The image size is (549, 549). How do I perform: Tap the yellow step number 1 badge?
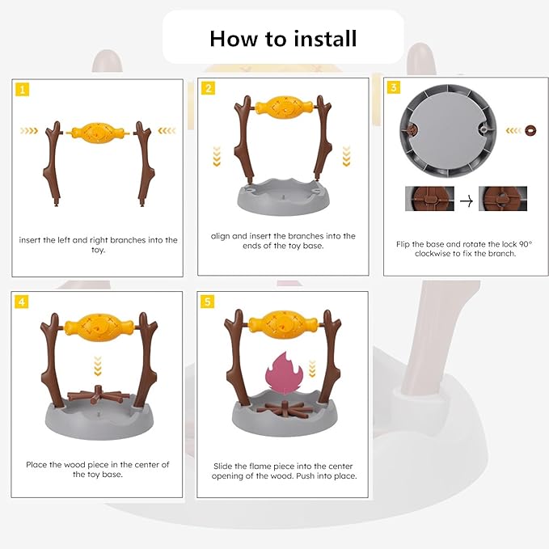[23, 90]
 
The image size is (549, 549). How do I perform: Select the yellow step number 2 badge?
[208, 88]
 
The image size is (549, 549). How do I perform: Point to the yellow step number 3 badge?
[394, 87]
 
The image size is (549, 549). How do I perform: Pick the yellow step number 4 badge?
[22, 302]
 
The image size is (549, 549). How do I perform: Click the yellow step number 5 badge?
[207, 302]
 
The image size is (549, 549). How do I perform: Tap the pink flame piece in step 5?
[284, 373]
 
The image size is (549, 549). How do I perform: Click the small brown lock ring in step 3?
[530, 130]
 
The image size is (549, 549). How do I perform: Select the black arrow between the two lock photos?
[467, 201]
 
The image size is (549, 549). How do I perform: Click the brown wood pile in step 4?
[99, 395]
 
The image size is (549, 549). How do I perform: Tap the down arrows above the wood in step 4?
[98, 366]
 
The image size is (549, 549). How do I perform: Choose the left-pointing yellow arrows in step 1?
[167, 131]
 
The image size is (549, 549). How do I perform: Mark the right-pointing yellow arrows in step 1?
[29, 131]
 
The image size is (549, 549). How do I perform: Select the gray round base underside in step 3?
[448, 131]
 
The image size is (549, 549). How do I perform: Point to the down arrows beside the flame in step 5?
[312, 369]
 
